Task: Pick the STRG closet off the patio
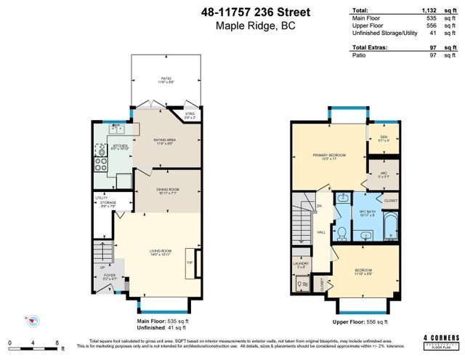click(x=190, y=115)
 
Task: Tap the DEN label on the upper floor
click(x=383, y=138)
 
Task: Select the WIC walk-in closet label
click(x=383, y=175)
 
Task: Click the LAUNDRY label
click(x=302, y=265)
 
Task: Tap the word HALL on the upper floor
click(x=320, y=232)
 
